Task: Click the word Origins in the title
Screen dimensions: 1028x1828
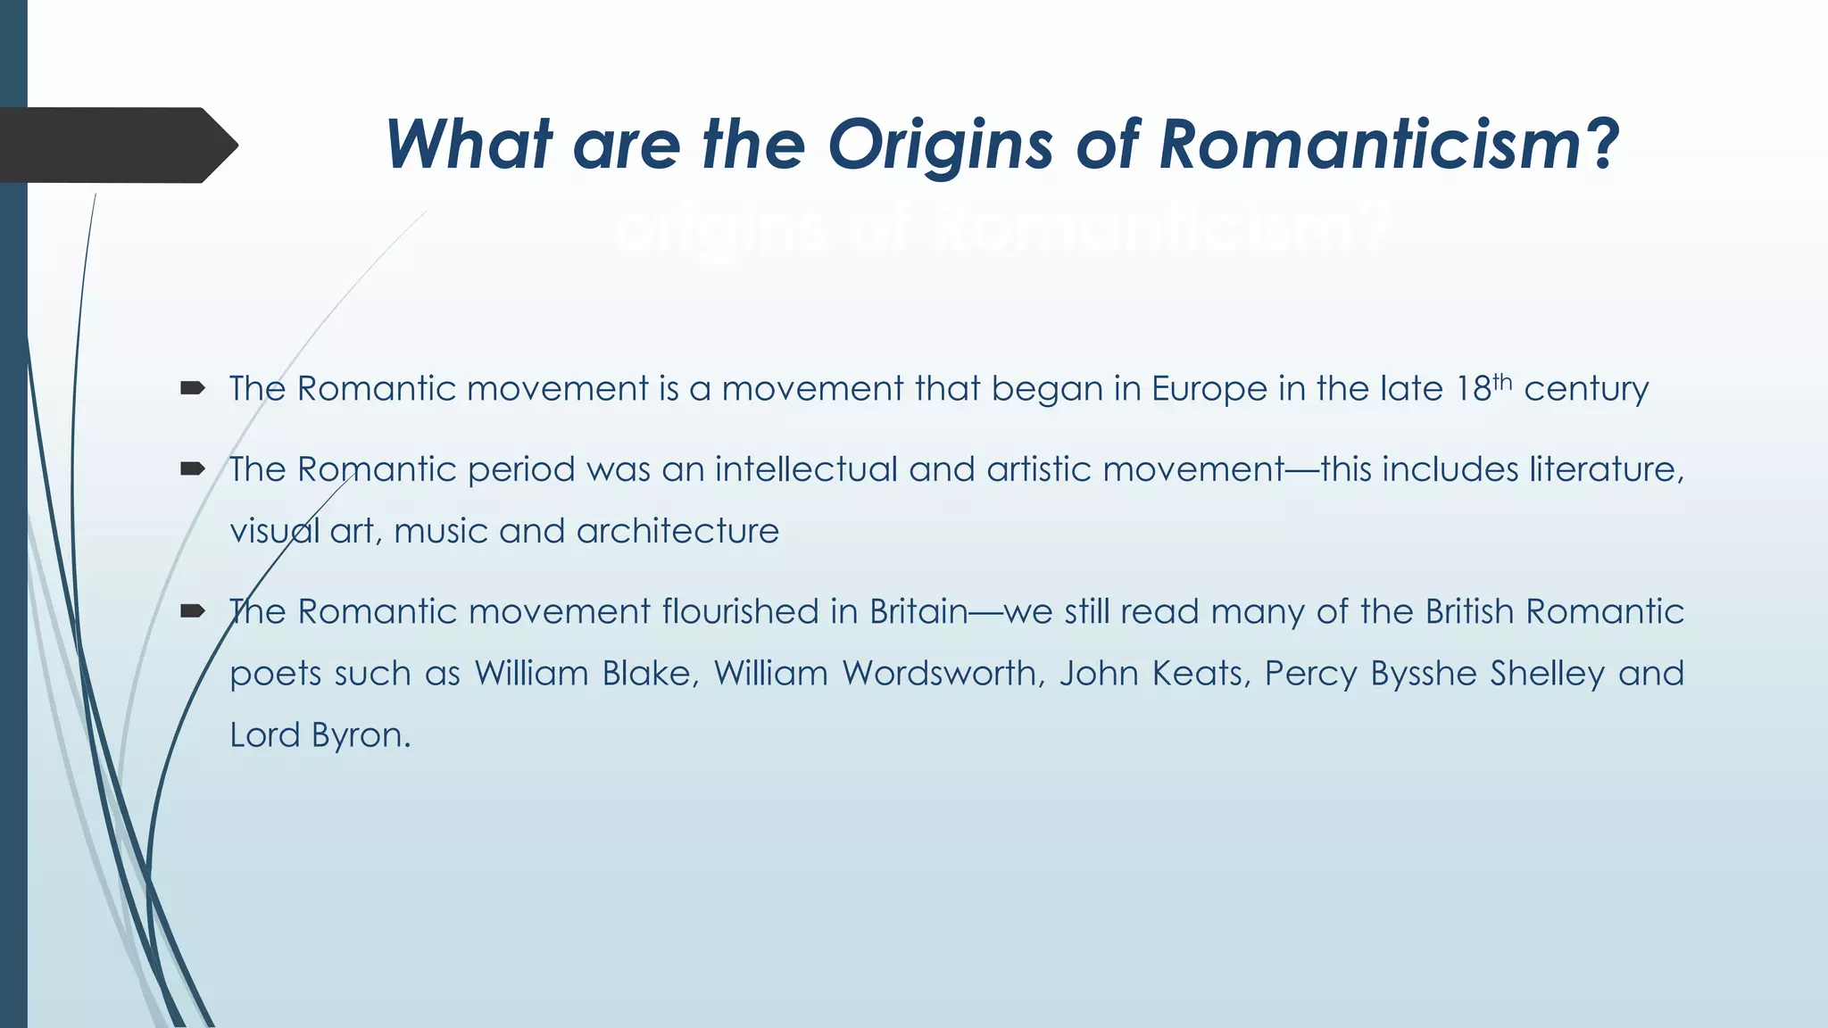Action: pos(941,145)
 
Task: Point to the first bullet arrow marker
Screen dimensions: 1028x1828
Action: pos(193,387)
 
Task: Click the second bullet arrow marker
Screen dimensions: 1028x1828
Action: pos(193,468)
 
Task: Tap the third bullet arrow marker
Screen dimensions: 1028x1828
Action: pos(193,610)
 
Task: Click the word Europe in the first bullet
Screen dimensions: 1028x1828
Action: pos(1209,389)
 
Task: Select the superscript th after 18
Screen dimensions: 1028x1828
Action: pos(1502,382)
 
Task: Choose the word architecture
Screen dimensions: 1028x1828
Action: pos(677,532)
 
